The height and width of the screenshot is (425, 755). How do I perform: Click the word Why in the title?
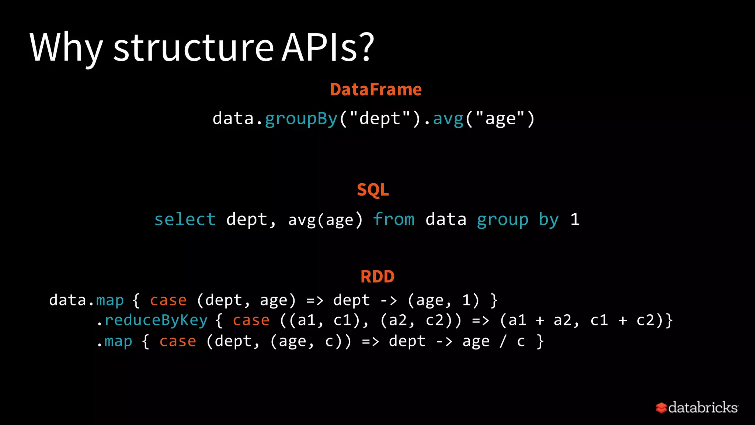tap(66, 48)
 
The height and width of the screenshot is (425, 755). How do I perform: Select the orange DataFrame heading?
tap(376, 90)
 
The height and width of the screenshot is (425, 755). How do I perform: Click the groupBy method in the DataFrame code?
tap(301, 119)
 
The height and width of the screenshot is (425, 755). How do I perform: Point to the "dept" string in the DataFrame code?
tap(380, 118)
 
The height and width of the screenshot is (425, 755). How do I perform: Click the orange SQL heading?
tap(373, 190)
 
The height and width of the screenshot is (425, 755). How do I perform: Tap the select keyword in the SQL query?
tap(185, 220)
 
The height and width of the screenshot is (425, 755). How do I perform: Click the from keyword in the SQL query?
tap(394, 220)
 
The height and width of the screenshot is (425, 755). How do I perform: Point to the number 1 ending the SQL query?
tap(575, 220)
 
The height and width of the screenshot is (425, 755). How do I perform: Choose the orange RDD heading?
tap(377, 277)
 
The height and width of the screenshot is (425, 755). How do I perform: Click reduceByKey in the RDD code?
tap(156, 321)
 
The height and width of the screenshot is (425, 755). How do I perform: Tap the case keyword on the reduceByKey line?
tap(251, 321)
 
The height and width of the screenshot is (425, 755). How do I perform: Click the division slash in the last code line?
tap(503, 342)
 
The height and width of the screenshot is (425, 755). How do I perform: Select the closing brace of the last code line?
tap(540, 342)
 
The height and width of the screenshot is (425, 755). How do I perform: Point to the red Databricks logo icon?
tap(661, 408)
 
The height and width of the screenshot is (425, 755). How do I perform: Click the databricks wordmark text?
tap(703, 408)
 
